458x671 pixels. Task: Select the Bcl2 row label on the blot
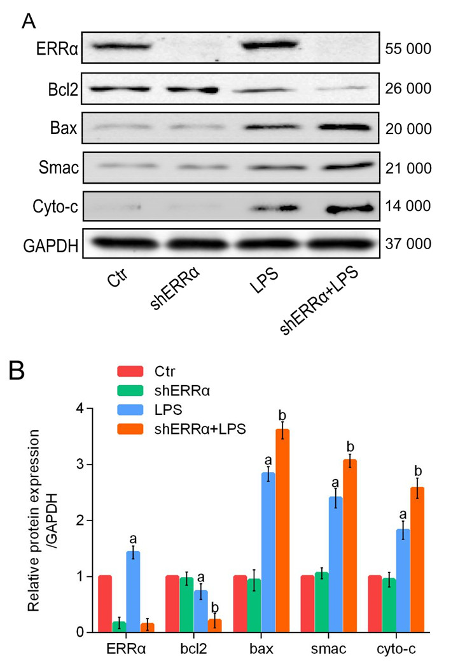tap(65, 90)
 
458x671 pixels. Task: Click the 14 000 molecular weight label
tap(408, 207)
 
